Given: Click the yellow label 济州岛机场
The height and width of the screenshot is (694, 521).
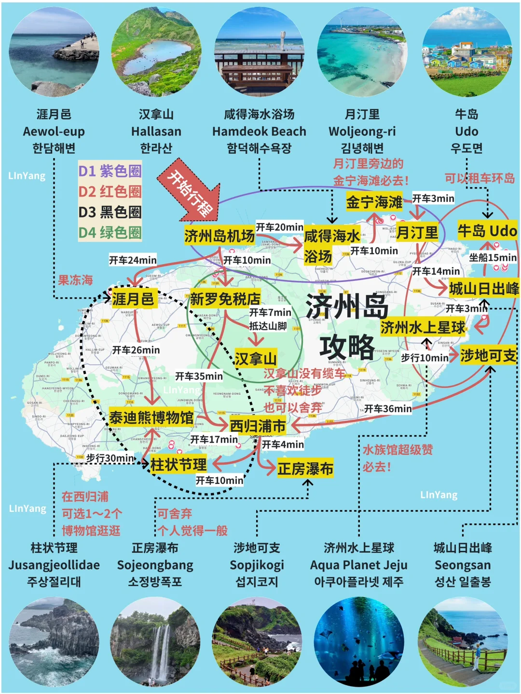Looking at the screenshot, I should tap(219, 236).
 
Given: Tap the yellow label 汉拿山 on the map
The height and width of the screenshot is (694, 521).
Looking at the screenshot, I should tap(256, 359).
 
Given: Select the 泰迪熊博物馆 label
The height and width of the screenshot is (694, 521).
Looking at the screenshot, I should tap(151, 417).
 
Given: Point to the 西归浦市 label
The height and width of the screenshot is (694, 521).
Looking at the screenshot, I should tap(258, 426).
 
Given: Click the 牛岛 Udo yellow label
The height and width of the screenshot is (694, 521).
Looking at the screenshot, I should tap(487, 231).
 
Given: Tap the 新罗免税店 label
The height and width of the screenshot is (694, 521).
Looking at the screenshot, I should tap(225, 299).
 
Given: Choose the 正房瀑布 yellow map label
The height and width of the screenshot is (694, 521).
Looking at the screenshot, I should tap(305, 468).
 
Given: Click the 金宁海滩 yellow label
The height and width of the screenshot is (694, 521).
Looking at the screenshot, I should tap(374, 202).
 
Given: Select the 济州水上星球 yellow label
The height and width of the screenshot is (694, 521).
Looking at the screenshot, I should tap(423, 328).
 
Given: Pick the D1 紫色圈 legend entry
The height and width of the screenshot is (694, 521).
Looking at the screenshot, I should tap(110, 171).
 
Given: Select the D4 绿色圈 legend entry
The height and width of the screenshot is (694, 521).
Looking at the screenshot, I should tap(110, 233).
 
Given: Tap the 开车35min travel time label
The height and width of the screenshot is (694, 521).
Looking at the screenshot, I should tap(199, 376).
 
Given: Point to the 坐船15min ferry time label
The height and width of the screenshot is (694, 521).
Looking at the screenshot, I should tap(493, 257).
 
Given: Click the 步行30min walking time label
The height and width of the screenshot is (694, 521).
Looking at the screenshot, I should tap(110, 458).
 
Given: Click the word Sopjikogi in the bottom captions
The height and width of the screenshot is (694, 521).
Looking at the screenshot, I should tap(257, 565).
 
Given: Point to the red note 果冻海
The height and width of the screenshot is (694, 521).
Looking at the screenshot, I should tap(75, 280).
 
